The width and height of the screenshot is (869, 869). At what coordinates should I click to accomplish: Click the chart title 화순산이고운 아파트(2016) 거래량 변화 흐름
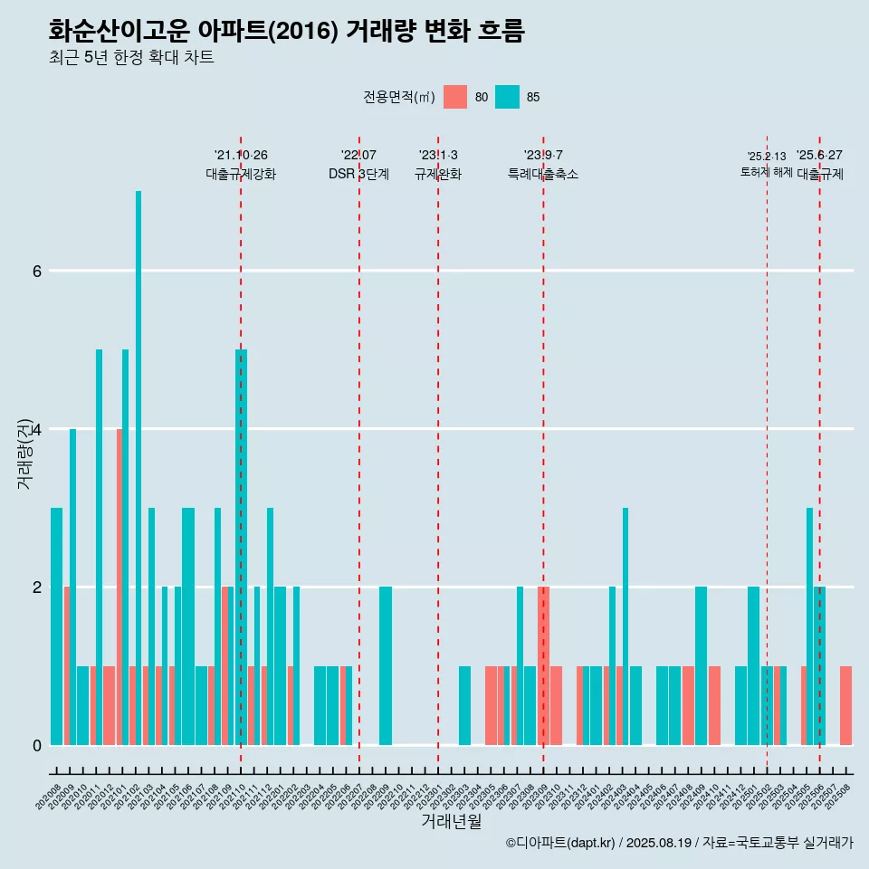pyautogui.click(x=286, y=31)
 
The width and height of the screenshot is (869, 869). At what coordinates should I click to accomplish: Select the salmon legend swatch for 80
pyautogui.click(x=455, y=97)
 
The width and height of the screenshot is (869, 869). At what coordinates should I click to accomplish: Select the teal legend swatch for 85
pyautogui.click(x=508, y=97)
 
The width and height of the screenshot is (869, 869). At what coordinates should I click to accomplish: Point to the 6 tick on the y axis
pyautogui.click(x=36, y=271)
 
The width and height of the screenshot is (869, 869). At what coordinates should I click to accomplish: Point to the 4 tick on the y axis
pyautogui.click(x=36, y=429)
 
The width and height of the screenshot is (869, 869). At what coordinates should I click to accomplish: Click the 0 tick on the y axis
pyautogui.click(x=36, y=745)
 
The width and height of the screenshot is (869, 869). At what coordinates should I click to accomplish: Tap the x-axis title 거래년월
pyautogui.click(x=451, y=821)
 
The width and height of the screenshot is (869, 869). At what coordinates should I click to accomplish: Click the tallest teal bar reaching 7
pyautogui.click(x=138, y=467)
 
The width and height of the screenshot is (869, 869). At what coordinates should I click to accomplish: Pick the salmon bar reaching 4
pyautogui.click(x=119, y=587)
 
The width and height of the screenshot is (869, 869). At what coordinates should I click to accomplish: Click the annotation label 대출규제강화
pyautogui.click(x=241, y=174)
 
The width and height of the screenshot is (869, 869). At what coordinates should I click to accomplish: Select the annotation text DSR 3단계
pyautogui.click(x=358, y=174)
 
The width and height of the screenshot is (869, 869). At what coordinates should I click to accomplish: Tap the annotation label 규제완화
pyautogui.click(x=438, y=174)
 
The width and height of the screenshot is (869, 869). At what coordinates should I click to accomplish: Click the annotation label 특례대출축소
pyautogui.click(x=543, y=174)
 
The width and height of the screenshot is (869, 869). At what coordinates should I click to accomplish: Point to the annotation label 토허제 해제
pyautogui.click(x=766, y=171)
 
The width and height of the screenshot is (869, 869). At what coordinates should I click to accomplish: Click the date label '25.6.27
pyautogui.click(x=819, y=155)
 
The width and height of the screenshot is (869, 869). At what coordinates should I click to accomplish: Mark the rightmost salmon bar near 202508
pyautogui.click(x=845, y=705)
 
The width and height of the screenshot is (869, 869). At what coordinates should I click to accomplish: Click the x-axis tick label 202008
pyautogui.click(x=49, y=797)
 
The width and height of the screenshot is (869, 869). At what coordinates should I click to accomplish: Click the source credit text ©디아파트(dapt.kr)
pyautogui.click(x=561, y=843)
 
